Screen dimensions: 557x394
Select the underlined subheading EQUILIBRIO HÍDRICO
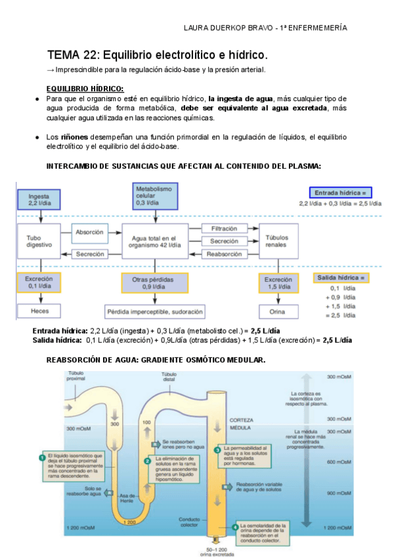(85, 89)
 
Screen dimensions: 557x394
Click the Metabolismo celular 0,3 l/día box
(154, 195)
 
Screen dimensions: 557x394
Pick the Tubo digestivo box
(38, 241)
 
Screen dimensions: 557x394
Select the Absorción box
(89, 232)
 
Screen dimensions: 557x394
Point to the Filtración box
(224, 228)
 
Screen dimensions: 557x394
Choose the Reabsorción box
(224, 254)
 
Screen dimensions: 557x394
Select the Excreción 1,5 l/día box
(276, 282)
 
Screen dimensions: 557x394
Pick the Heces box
(38, 310)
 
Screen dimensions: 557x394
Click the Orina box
(276, 310)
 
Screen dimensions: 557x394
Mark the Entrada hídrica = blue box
(340, 192)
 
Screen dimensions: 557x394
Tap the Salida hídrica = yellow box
(341, 278)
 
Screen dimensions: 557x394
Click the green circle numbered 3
(217, 449)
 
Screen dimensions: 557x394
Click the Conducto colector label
(189, 522)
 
